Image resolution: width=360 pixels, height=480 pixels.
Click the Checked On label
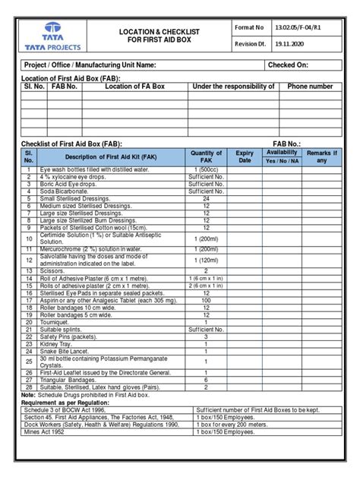(289, 65)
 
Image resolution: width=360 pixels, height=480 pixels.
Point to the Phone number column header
(310, 87)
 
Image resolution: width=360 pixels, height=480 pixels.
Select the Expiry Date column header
(245, 156)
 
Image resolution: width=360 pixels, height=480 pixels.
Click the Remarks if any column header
(321, 156)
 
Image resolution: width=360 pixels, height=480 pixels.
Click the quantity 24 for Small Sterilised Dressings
(206, 199)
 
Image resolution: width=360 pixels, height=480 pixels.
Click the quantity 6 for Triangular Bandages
(206, 380)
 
